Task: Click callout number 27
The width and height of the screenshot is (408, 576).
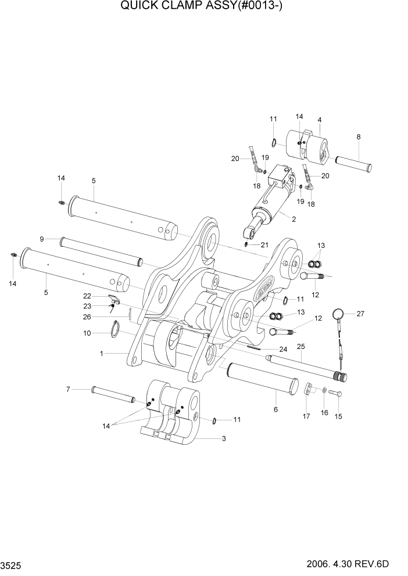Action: pyautogui.click(x=360, y=314)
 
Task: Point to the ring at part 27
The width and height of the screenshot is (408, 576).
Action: pyautogui.click(x=338, y=314)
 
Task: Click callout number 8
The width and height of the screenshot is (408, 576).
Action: pyautogui.click(x=358, y=137)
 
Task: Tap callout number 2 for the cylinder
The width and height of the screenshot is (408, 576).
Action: pyautogui.click(x=294, y=219)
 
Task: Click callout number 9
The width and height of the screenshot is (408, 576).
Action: pyautogui.click(x=42, y=239)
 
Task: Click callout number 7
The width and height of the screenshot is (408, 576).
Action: pyautogui.click(x=67, y=388)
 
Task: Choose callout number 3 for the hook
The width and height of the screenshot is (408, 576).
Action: pyautogui.click(x=223, y=438)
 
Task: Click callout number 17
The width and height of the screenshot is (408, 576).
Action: pyautogui.click(x=305, y=416)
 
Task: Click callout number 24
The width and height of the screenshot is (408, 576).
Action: pyautogui.click(x=283, y=350)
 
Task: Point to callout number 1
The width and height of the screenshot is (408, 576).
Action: pyautogui.click(x=102, y=353)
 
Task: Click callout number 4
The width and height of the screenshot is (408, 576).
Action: pyautogui.click(x=319, y=120)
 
